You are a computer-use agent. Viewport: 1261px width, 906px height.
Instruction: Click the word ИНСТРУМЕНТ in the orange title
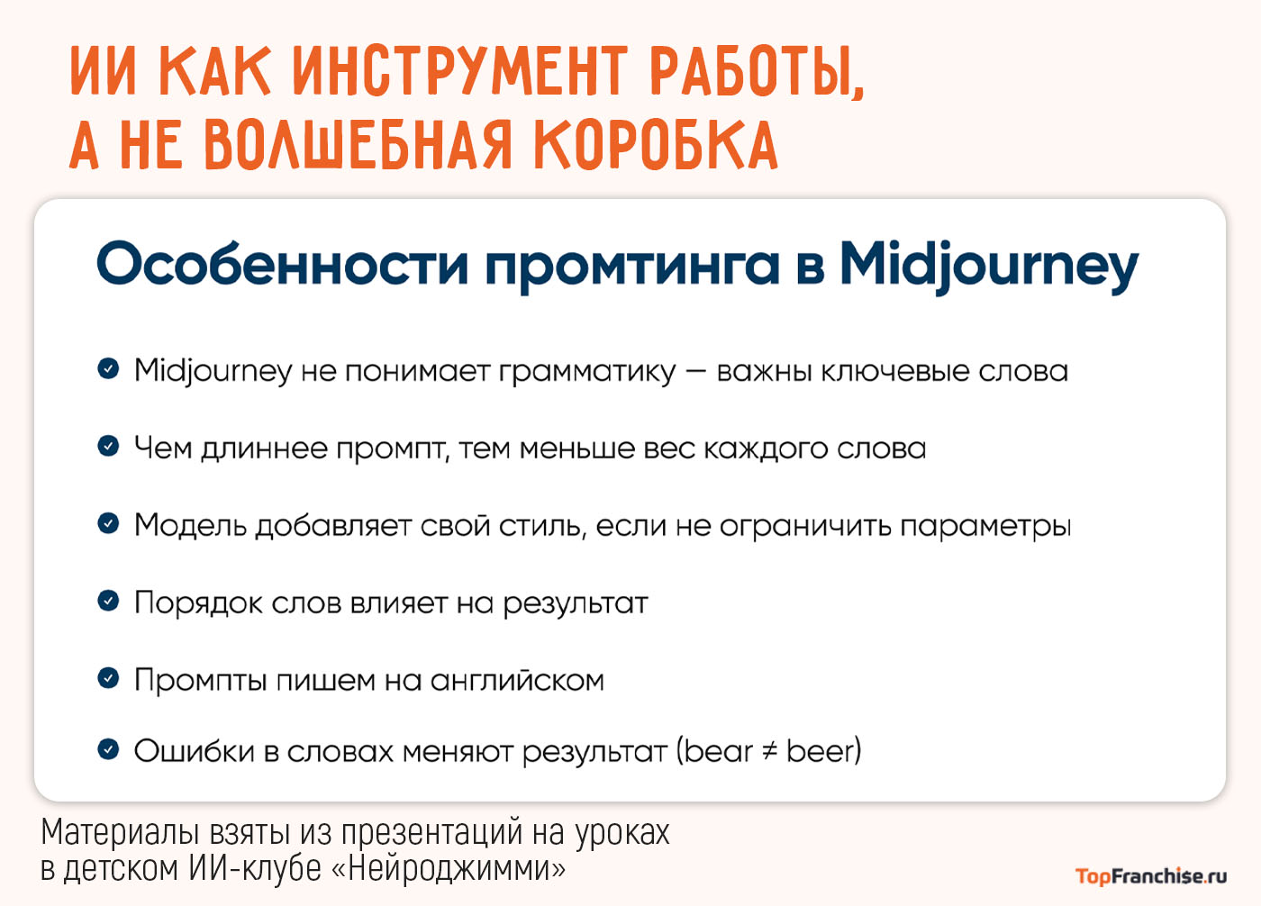pos(459,71)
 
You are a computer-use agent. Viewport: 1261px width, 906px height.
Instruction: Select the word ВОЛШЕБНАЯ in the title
pos(358,144)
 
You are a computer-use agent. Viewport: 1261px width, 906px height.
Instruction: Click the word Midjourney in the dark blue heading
pos(988,266)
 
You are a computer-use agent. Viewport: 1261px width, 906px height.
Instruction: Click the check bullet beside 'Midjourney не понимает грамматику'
pos(108,368)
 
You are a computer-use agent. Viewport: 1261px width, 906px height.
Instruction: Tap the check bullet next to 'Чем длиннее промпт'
pos(108,446)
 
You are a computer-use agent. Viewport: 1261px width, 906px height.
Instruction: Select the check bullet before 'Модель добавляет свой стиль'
pos(108,523)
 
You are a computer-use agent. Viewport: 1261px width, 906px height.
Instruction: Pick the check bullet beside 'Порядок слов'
pos(108,601)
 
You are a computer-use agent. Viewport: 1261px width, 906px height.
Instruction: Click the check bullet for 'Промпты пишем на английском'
pos(108,678)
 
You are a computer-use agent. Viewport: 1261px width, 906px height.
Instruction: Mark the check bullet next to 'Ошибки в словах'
pos(108,748)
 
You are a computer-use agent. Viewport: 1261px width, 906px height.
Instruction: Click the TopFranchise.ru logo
pos(1150,875)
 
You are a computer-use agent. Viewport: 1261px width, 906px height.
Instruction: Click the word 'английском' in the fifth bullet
pos(517,681)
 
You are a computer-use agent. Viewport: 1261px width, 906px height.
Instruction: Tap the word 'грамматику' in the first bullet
pos(586,371)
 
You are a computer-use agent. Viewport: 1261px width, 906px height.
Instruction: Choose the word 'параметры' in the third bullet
pos(985,526)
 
